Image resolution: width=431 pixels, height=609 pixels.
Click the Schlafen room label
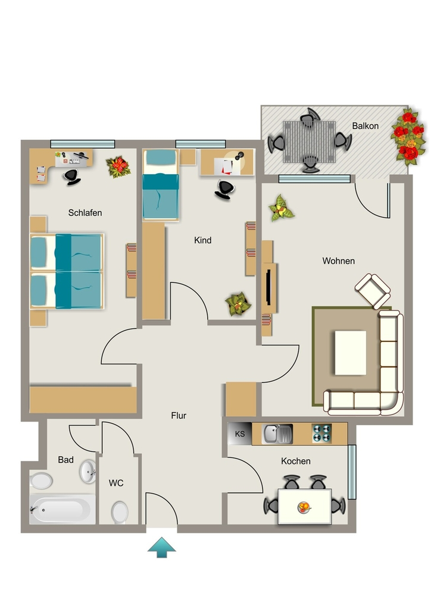click(85, 213)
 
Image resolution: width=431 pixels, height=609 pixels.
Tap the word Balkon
click(366, 126)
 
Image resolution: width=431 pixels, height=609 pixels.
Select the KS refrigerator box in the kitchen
click(240, 434)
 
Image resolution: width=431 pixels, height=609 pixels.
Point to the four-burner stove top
click(322, 434)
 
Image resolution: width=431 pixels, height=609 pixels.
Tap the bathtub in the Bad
click(62, 509)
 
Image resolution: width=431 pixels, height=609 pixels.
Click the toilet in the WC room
click(120, 512)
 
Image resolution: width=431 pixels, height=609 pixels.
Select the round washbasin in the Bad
click(88, 472)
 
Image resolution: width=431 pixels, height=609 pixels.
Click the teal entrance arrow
click(162, 548)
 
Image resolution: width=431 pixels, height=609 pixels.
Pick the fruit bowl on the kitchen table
click(304, 507)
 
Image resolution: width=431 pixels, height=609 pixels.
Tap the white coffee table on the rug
click(351, 353)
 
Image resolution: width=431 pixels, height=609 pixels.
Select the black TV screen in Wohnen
click(268, 287)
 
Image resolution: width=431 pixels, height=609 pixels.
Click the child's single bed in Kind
click(161, 185)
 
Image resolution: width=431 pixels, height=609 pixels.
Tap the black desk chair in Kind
click(224, 190)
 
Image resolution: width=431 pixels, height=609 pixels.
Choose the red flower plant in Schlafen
click(118, 167)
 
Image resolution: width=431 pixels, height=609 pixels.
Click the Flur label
click(179, 416)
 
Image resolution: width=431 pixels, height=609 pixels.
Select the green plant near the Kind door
click(238, 304)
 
